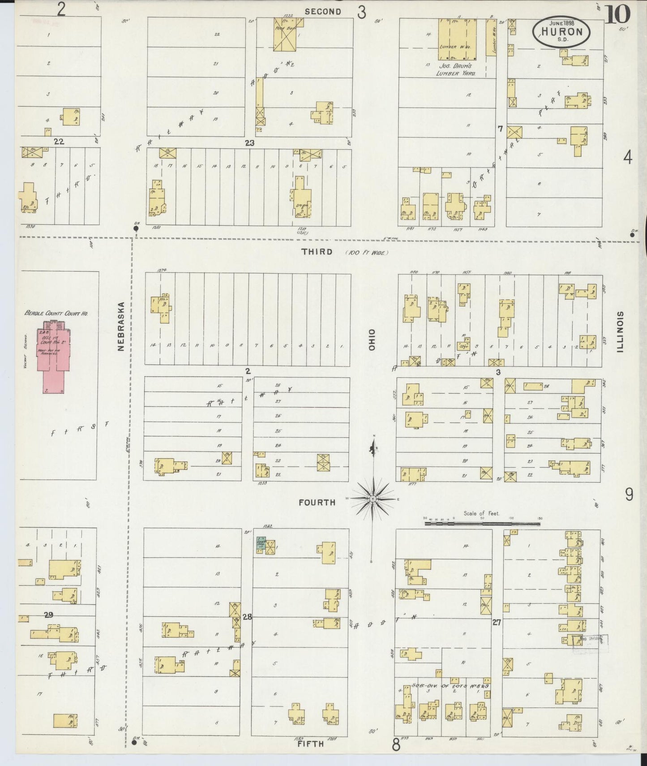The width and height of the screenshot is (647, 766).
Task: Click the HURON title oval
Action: point(561,31)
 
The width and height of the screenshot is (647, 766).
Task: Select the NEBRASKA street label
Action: point(121,326)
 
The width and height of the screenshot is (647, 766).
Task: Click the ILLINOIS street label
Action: point(620,331)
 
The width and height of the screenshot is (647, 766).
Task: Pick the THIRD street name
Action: point(317,252)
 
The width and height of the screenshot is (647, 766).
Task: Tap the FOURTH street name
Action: point(317,503)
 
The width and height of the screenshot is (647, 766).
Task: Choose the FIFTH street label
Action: point(310,744)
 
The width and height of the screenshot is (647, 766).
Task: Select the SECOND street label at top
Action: point(322,12)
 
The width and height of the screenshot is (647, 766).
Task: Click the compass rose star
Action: point(373,498)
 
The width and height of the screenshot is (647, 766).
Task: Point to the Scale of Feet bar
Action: point(483,522)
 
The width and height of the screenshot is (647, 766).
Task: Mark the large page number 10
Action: point(618,14)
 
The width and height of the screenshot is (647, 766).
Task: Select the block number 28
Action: point(247,617)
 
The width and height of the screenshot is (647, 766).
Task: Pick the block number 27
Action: point(496,622)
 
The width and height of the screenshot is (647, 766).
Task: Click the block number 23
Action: point(249,143)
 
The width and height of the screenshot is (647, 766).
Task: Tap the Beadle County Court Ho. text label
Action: point(56,313)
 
